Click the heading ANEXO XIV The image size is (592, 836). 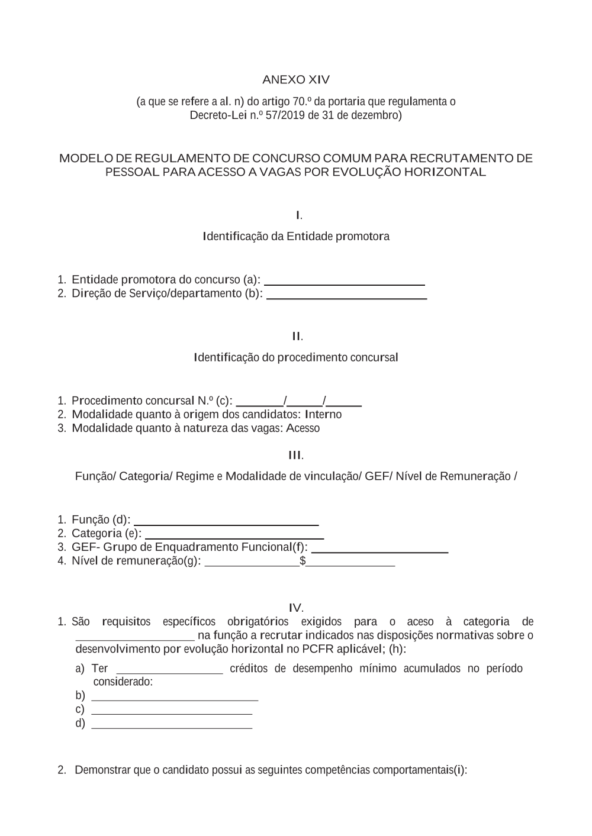point(296,80)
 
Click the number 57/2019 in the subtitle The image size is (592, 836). point(285,115)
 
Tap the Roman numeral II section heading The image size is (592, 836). point(297,337)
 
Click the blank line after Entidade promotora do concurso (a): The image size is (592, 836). point(345,284)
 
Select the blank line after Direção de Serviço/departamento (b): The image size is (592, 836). point(347,298)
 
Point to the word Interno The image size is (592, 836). point(323,414)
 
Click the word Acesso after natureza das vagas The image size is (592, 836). point(303,428)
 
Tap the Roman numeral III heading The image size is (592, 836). point(295,456)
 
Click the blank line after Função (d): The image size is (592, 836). point(227,524)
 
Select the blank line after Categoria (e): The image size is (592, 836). point(234,537)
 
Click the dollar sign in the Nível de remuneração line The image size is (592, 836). point(303,561)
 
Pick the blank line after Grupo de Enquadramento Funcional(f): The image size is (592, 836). point(379,551)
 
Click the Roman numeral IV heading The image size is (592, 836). point(296,608)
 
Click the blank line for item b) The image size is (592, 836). point(175,700)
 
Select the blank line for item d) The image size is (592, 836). point(172,727)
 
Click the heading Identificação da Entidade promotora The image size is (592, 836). point(296,237)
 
